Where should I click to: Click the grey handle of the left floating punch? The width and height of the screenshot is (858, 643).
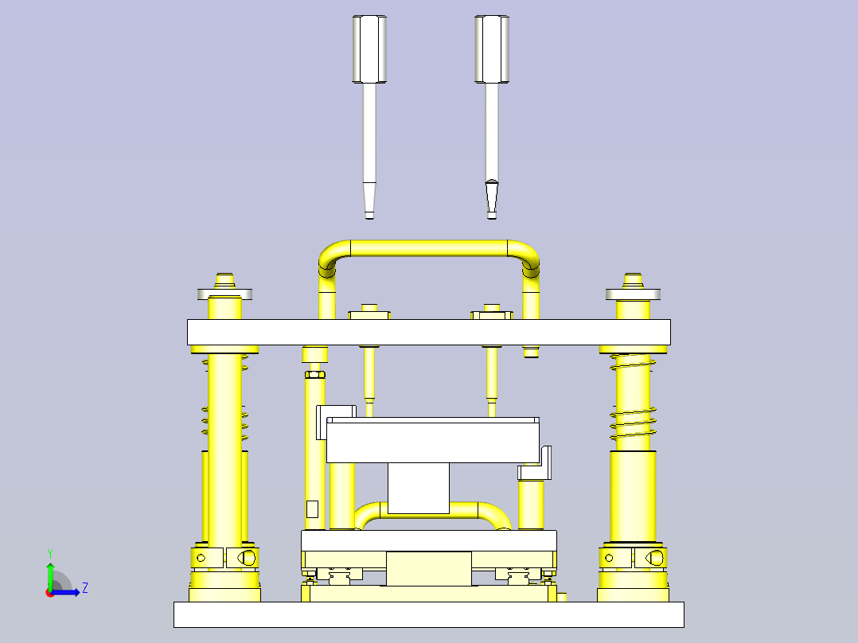(369, 49)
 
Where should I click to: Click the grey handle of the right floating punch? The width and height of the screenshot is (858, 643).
(492, 49)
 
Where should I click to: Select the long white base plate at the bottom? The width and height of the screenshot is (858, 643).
(428, 614)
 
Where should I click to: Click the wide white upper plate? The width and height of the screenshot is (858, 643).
(428, 332)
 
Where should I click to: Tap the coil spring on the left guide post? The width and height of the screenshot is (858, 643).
(224, 422)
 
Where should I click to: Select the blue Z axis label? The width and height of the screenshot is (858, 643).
(84, 588)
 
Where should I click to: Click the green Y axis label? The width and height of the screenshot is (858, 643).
(49, 552)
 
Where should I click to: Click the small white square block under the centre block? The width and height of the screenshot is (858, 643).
(418, 489)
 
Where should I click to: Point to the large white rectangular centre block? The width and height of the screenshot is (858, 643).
(432, 442)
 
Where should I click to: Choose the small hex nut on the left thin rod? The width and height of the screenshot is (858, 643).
(314, 374)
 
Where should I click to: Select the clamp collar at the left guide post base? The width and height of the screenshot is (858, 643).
(224, 558)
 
